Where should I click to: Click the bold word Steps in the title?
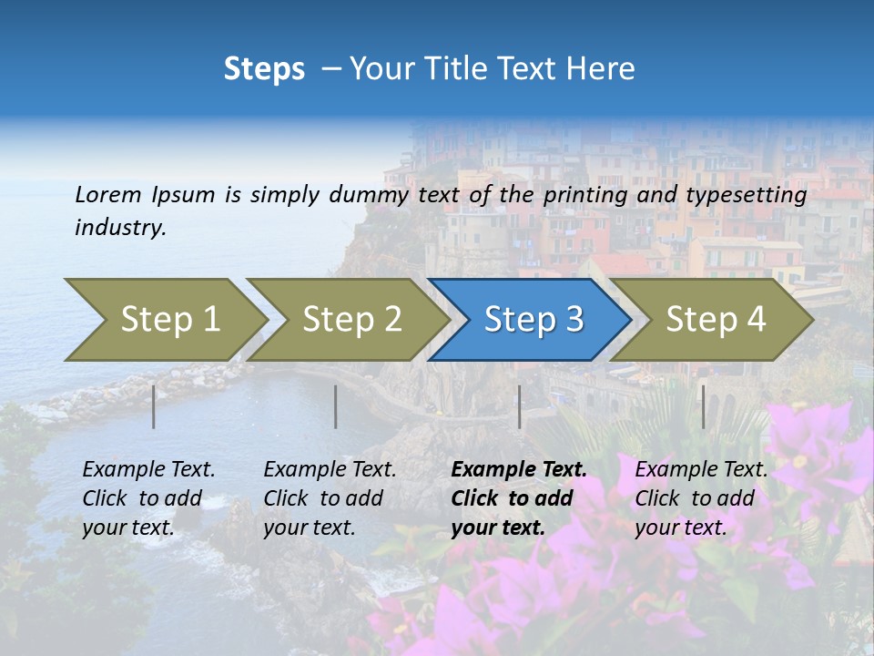click(264, 69)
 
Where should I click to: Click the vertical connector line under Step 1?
click(154, 406)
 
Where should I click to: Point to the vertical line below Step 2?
click(336, 406)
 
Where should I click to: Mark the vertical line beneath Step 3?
click(519, 406)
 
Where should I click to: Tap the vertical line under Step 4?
click(703, 406)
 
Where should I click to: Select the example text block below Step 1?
click(148, 498)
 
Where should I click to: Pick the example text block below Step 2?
click(330, 498)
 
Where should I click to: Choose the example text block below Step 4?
click(701, 498)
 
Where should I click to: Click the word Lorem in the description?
click(107, 195)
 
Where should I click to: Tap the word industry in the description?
click(120, 228)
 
